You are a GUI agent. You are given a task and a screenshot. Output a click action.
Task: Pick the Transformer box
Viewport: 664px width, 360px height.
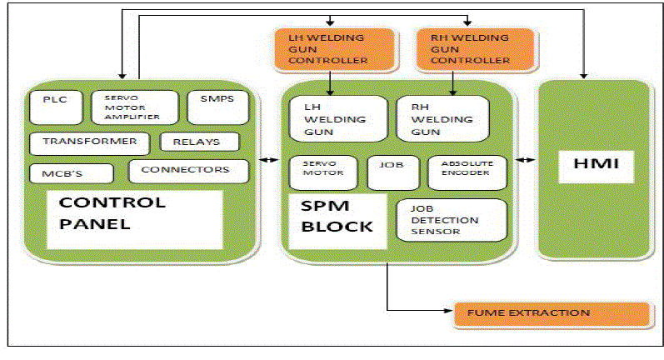coord(89,142)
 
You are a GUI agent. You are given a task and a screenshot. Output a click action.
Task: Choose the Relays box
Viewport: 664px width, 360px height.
coord(198,142)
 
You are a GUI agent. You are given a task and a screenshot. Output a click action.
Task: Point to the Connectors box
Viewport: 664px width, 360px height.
coord(188,171)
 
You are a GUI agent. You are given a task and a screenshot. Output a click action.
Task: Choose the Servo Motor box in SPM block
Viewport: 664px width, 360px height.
coord(322,172)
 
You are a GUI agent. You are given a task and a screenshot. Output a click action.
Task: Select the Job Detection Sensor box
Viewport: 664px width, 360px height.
coord(451,220)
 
